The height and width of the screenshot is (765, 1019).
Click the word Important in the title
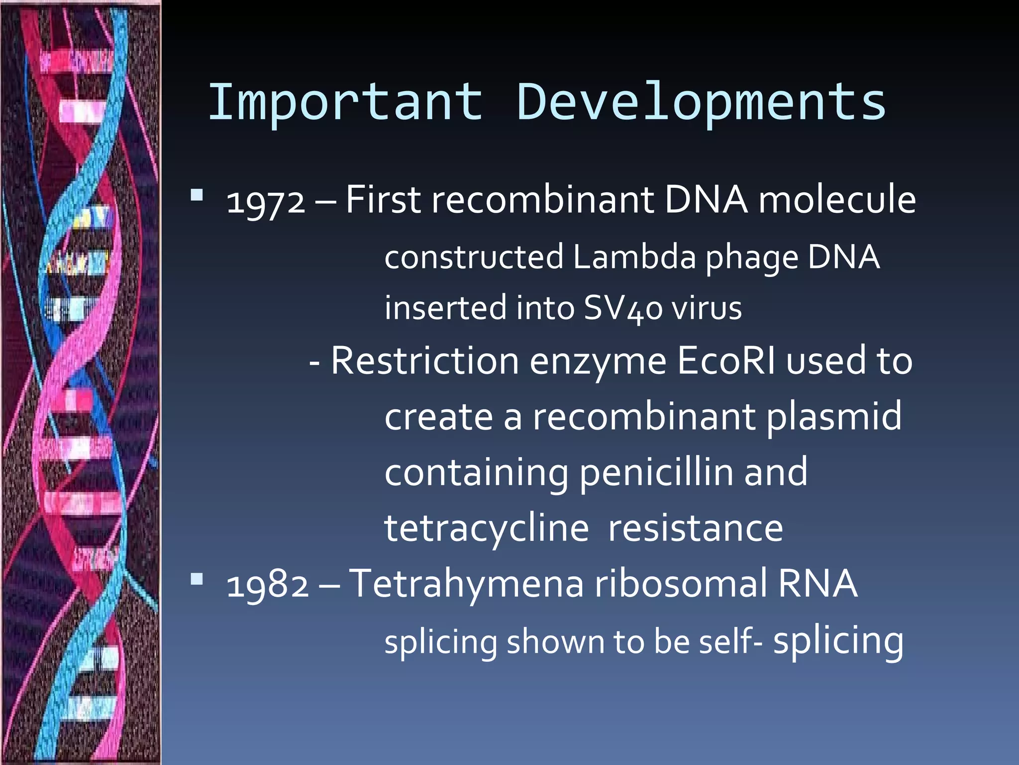[x=345, y=102]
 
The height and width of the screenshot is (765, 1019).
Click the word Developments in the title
[x=701, y=102]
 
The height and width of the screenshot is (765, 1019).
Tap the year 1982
[x=267, y=585]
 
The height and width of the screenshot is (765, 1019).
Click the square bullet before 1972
[x=197, y=195]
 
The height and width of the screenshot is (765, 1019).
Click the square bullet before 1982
[x=197, y=579]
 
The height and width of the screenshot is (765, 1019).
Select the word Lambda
[x=634, y=257]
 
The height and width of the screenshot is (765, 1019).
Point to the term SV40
[x=623, y=308]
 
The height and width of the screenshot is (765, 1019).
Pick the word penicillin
[x=656, y=473]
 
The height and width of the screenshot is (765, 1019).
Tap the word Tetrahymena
[x=466, y=584]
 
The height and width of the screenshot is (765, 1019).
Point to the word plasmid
[x=833, y=417]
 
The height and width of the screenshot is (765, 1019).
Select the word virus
[x=707, y=308]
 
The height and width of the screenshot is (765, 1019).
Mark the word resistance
[x=696, y=528]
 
